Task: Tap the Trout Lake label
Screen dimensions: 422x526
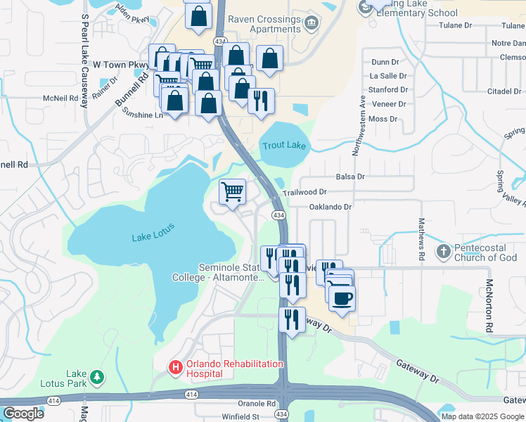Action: [285, 146]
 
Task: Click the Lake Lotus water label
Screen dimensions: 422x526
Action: [153, 233]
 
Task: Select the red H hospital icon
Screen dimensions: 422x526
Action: [174, 367]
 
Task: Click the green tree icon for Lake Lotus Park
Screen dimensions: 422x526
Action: [96, 378]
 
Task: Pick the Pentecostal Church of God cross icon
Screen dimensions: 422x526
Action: [443, 251]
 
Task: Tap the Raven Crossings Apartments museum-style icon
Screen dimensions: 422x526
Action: [311, 25]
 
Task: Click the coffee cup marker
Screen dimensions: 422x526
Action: [342, 298]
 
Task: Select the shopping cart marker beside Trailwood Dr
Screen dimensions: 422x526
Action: [232, 191]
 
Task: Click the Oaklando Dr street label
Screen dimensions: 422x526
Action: [330, 207]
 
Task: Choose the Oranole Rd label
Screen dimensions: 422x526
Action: [256, 404]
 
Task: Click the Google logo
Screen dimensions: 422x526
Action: [23, 414]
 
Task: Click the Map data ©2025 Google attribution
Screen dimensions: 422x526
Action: [482, 416]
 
